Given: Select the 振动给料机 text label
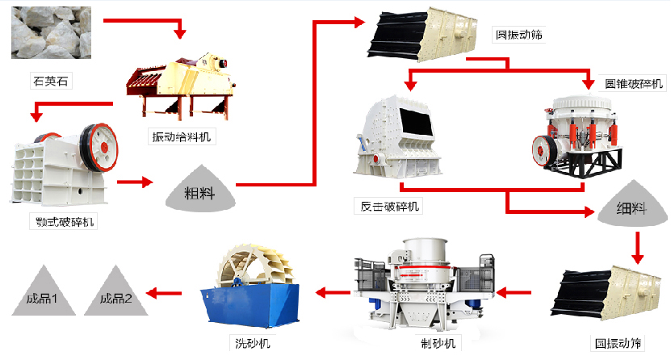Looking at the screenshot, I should click(x=181, y=136).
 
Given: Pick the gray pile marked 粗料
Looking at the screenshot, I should click(x=199, y=190).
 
